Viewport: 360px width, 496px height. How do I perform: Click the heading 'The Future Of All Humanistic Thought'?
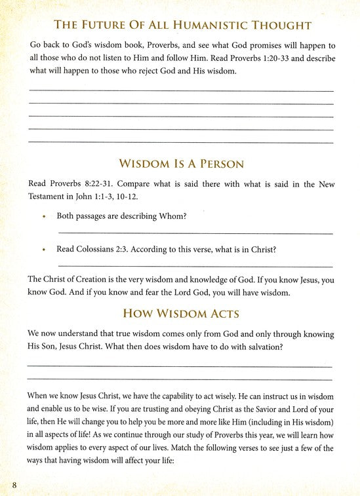pyautogui.click(x=180, y=26)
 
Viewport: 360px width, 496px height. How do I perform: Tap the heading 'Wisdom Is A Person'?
pyautogui.click(x=180, y=162)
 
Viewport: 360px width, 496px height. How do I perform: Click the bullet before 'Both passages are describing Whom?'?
pyautogui.click(x=44, y=215)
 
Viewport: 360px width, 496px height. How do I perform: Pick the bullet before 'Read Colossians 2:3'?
pyautogui.click(x=44, y=250)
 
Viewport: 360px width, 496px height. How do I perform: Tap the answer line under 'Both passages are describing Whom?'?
pyautogui.click(x=195, y=233)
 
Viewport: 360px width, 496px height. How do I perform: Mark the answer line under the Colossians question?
pyautogui.click(x=195, y=266)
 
